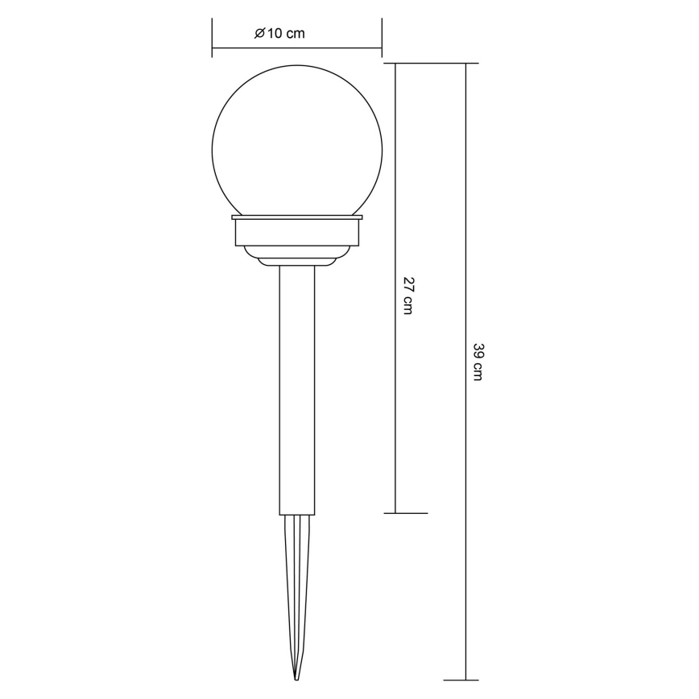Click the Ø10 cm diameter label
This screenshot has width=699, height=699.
(279, 33)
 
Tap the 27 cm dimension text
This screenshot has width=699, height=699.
(407, 296)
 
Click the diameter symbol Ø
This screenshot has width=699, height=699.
(259, 33)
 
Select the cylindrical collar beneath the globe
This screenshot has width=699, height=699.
(296, 234)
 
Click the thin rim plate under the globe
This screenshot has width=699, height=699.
(296, 217)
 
